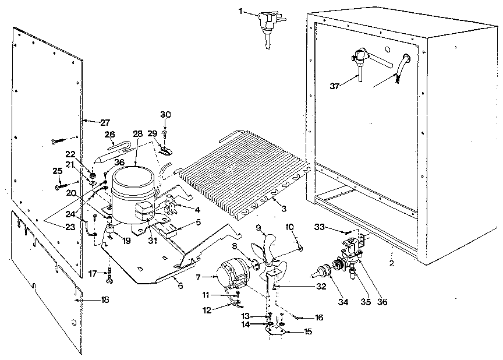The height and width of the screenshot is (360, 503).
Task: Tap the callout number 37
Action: pos(334,86)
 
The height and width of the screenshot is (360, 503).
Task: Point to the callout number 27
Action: pos(104,122)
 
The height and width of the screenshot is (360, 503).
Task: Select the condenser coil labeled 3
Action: pos(239,175)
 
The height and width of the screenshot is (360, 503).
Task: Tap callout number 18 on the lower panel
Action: pos(105,299)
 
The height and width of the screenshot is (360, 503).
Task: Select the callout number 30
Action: pos(166,114)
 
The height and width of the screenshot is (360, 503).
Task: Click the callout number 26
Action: pos(110,135)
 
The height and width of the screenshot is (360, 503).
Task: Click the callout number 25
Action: pos(56,171)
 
